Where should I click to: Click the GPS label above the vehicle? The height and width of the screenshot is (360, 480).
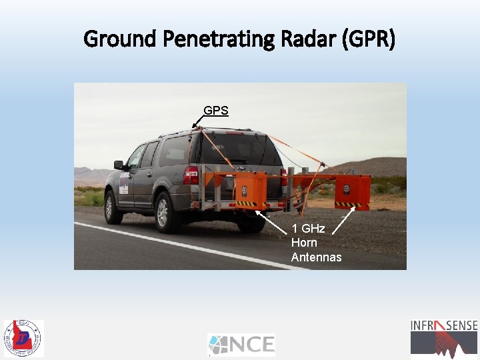point(216,111)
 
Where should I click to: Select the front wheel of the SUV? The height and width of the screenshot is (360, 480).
point(113,207)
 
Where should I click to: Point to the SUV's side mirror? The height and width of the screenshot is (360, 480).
point(119,165)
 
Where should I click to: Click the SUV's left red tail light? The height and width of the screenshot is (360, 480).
point(191,175)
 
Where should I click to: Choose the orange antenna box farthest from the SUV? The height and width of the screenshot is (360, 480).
point(352,191)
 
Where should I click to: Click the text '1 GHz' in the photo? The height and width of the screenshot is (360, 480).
point(308,229)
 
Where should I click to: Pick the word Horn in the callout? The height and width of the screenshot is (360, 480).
point(304,243)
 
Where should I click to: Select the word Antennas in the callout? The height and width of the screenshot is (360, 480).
point(316,257)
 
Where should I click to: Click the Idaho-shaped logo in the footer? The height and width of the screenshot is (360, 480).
point(23,338)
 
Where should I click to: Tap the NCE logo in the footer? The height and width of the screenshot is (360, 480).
point(241,345)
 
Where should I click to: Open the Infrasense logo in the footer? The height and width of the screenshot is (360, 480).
point(443,337)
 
